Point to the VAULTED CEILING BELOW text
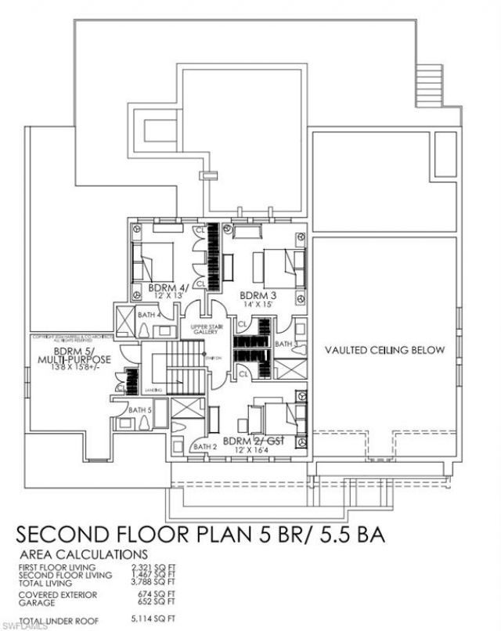click(384, 350)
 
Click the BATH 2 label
click(204, 447)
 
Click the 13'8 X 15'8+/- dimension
click(81, 366)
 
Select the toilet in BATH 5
click(146, 424)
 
